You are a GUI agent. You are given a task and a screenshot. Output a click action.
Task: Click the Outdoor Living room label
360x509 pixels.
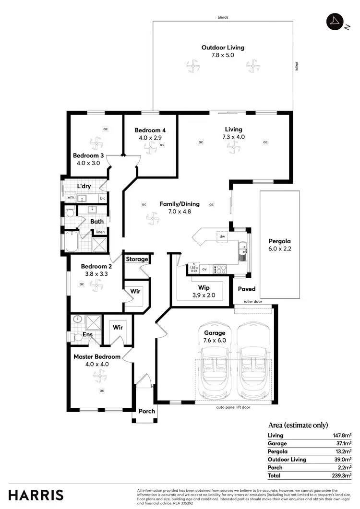[x=223, y=47]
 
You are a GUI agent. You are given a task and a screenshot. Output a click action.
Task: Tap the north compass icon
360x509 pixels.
[x=334, y=21]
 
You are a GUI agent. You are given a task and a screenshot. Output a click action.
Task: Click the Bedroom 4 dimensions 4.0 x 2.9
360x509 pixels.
[x=150, y=138]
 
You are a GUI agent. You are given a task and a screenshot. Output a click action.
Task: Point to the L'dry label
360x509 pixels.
[x=84, y=186]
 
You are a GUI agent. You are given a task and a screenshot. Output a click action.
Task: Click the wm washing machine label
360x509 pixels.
[x=71, y=197]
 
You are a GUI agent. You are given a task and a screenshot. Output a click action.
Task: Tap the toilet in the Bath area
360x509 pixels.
[x=70, y=212]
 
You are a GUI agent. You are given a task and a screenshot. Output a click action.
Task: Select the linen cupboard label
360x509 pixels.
[x=100, y=232]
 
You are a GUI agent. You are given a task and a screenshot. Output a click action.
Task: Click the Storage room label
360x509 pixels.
[x=137, y=259]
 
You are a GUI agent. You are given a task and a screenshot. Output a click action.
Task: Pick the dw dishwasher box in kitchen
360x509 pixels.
[x=222, y=237]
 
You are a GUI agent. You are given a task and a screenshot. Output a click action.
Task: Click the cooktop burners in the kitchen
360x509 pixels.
[x=221, y=269]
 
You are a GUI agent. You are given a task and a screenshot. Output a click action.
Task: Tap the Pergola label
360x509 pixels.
[x=280, y=241]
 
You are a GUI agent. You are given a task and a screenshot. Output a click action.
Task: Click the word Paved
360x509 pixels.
[x=247, y=289]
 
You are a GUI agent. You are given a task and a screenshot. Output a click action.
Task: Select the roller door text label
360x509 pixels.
[x=253, y=302]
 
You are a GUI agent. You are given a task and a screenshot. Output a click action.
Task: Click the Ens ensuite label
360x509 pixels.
[x=88, y=334]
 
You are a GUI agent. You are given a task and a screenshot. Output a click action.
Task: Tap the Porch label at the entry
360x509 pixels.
[x=147, y=411]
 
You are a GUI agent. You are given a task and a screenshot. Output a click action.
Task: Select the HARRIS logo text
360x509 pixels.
[x=36, y=495]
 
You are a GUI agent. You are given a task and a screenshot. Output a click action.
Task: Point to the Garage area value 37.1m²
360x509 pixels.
[x=343, y=443]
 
